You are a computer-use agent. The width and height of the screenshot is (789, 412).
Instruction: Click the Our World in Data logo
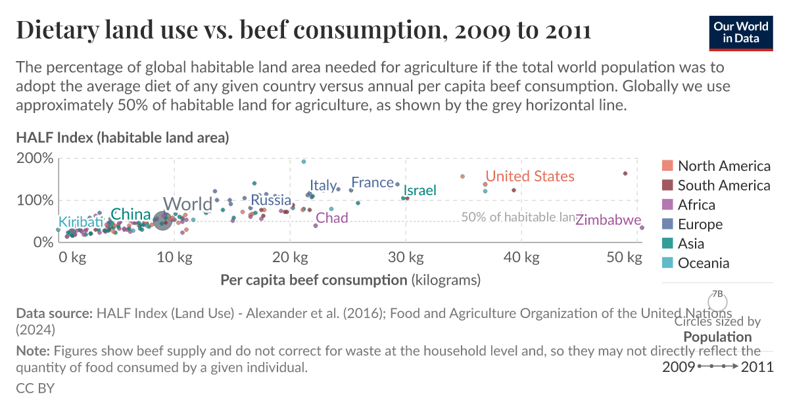point(741,31)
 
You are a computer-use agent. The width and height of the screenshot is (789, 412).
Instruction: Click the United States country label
point(529,176)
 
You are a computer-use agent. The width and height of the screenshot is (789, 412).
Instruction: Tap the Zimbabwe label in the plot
point(608,220)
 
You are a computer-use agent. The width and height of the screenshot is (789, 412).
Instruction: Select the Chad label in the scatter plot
point(331,217)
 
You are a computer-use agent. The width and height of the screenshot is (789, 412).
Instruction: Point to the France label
point(372,183)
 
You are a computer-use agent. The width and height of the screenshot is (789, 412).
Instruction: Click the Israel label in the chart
point(419,191)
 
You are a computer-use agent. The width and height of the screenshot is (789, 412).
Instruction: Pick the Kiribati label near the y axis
point(81,222)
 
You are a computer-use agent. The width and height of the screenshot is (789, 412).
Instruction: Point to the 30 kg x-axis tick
point(405,257)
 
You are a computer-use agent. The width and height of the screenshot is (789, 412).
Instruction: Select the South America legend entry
point(723,185)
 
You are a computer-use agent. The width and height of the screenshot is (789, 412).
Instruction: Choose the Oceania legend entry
point(704,263)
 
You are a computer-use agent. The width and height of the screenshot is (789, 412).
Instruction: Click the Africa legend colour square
point(667,205)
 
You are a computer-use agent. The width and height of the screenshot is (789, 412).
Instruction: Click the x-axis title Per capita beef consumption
point(314,280)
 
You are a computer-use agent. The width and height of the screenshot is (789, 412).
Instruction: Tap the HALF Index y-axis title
point(122,137)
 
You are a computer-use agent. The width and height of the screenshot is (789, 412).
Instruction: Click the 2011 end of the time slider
point(757,367)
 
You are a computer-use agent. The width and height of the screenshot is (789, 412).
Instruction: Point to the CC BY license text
point(35,388)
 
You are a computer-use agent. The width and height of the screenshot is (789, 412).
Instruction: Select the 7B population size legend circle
point(717,302)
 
